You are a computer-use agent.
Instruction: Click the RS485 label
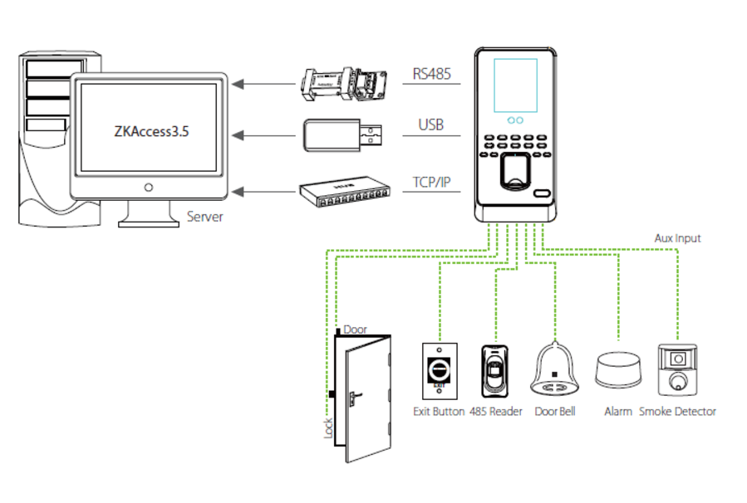431,75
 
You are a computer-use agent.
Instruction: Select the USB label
430,126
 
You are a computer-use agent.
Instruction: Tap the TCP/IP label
430,182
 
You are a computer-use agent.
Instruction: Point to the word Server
204,217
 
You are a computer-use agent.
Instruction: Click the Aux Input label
677,238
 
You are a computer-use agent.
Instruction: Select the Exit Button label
439,411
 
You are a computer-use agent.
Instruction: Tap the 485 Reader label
496,411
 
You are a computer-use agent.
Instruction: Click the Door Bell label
555,411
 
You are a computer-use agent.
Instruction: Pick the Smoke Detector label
677,411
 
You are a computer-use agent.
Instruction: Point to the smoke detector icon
677,369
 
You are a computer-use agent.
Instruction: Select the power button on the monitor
149,186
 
